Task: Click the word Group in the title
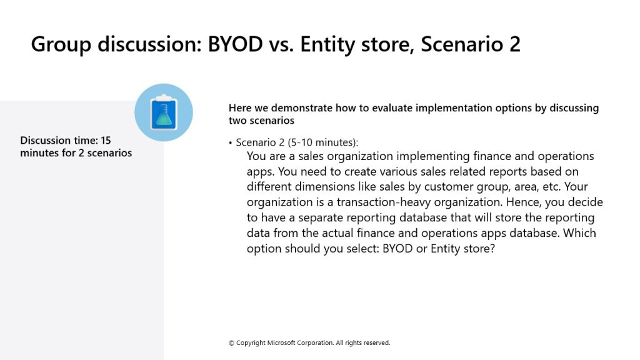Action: pos(61,44)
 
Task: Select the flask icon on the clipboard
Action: pos(164,115)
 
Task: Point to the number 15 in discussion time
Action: pos(106,141)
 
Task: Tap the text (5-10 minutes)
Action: pos(323,142)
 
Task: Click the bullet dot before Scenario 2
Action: pos(231,143)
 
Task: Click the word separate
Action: pos(322,218)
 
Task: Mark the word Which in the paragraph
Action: pos(579,233)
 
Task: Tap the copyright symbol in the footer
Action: pos(231,343)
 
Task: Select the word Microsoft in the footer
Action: pos(281,343)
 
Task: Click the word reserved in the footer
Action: pos(377,343)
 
